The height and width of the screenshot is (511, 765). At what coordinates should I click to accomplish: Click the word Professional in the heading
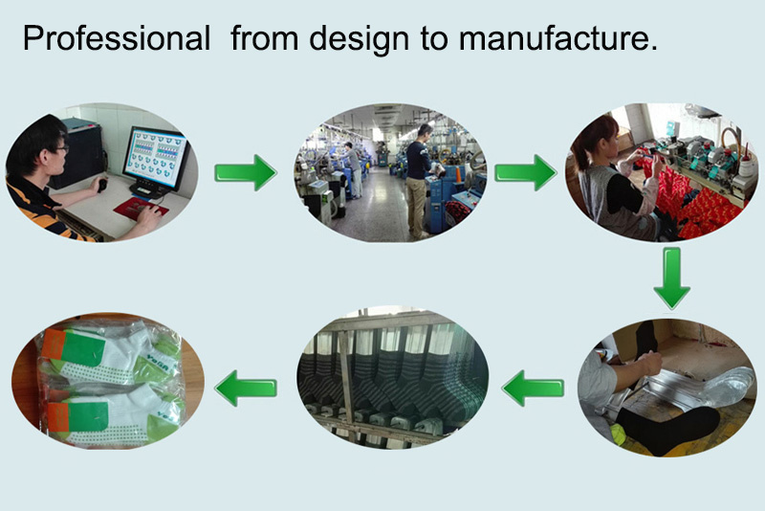coord(117,38)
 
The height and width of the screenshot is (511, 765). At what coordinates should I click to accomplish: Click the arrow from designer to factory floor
coord(246,172)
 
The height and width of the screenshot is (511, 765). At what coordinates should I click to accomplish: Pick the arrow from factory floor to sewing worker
coord(525,172)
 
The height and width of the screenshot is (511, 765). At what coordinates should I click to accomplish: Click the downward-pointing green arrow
coord(672,278)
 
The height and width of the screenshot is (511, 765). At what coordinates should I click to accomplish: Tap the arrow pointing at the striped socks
coord(533,388)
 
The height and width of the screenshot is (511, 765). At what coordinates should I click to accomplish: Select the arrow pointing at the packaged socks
coord(246,388)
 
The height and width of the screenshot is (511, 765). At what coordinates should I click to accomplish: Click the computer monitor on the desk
coord(155,159)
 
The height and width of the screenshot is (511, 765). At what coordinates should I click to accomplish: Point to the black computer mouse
coord(102,186)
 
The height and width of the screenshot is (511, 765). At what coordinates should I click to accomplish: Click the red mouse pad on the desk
coord(141,209)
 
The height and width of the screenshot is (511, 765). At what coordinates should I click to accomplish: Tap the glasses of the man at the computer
coord(61,148)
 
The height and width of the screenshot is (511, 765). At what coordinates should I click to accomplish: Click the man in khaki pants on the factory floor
coord(419,181)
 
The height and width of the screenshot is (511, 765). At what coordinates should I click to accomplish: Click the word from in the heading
coord(265,38)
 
